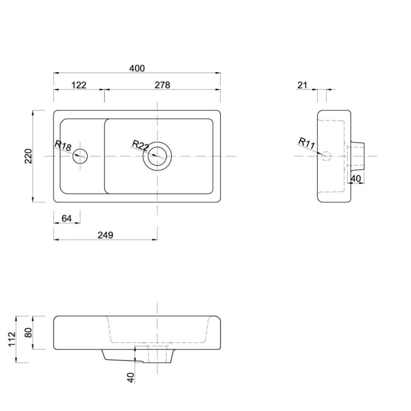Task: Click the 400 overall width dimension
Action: [137, 68]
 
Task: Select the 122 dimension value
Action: [79, 85]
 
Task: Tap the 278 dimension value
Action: [162, 85]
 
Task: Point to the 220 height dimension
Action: [28, 156]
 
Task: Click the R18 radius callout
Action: [63, 146]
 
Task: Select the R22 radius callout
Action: [140, 145]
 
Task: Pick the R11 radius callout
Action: [307, 143]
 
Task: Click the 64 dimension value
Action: [66, 218]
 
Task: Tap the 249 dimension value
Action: [105, 235]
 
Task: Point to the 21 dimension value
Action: [302, 85]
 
